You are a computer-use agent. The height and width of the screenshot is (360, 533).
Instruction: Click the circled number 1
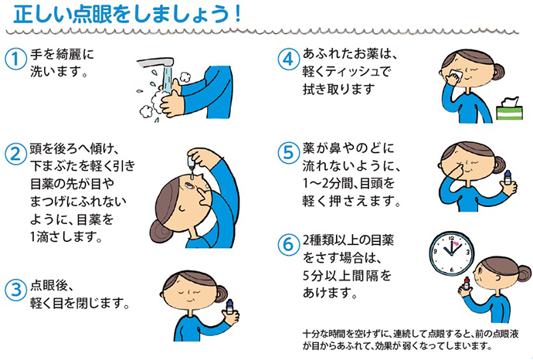click(x=15, y=59)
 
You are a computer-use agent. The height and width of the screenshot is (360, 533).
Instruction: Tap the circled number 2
click(x=15, y=154)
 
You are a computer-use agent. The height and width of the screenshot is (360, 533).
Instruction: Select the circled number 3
click(x=15, y=289)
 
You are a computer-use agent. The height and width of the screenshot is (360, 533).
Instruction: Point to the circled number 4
click(x=288, y=59)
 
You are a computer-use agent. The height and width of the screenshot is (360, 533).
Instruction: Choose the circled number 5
click(x=288, y=152)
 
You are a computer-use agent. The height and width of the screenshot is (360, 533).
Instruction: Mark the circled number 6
click(x=288, y=244)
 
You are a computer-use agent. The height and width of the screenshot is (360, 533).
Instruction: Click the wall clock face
click(x=452, y=253)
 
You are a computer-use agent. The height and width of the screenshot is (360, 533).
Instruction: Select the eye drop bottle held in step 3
click(x=230, y=308)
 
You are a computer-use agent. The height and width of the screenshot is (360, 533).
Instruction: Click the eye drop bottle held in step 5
click(x=508, y=178)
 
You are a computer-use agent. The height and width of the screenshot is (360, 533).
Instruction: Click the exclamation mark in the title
click(x=237, y=14)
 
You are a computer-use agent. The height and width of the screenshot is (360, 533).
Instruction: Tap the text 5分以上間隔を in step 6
click(x=347, y=275)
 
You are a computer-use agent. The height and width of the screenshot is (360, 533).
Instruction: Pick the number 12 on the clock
click(x=451, y=238)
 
